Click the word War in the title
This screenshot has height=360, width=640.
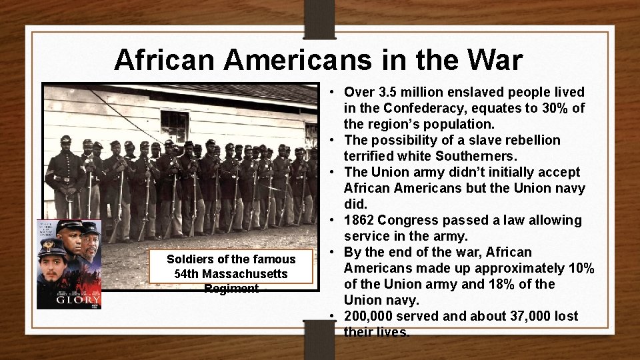pyautogui.click(x=495, y=60)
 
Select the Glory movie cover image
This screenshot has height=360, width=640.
pyautogui.click(x=69, y=265)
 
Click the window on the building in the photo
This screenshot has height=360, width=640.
pyautogui.click(x=174, y=126)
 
